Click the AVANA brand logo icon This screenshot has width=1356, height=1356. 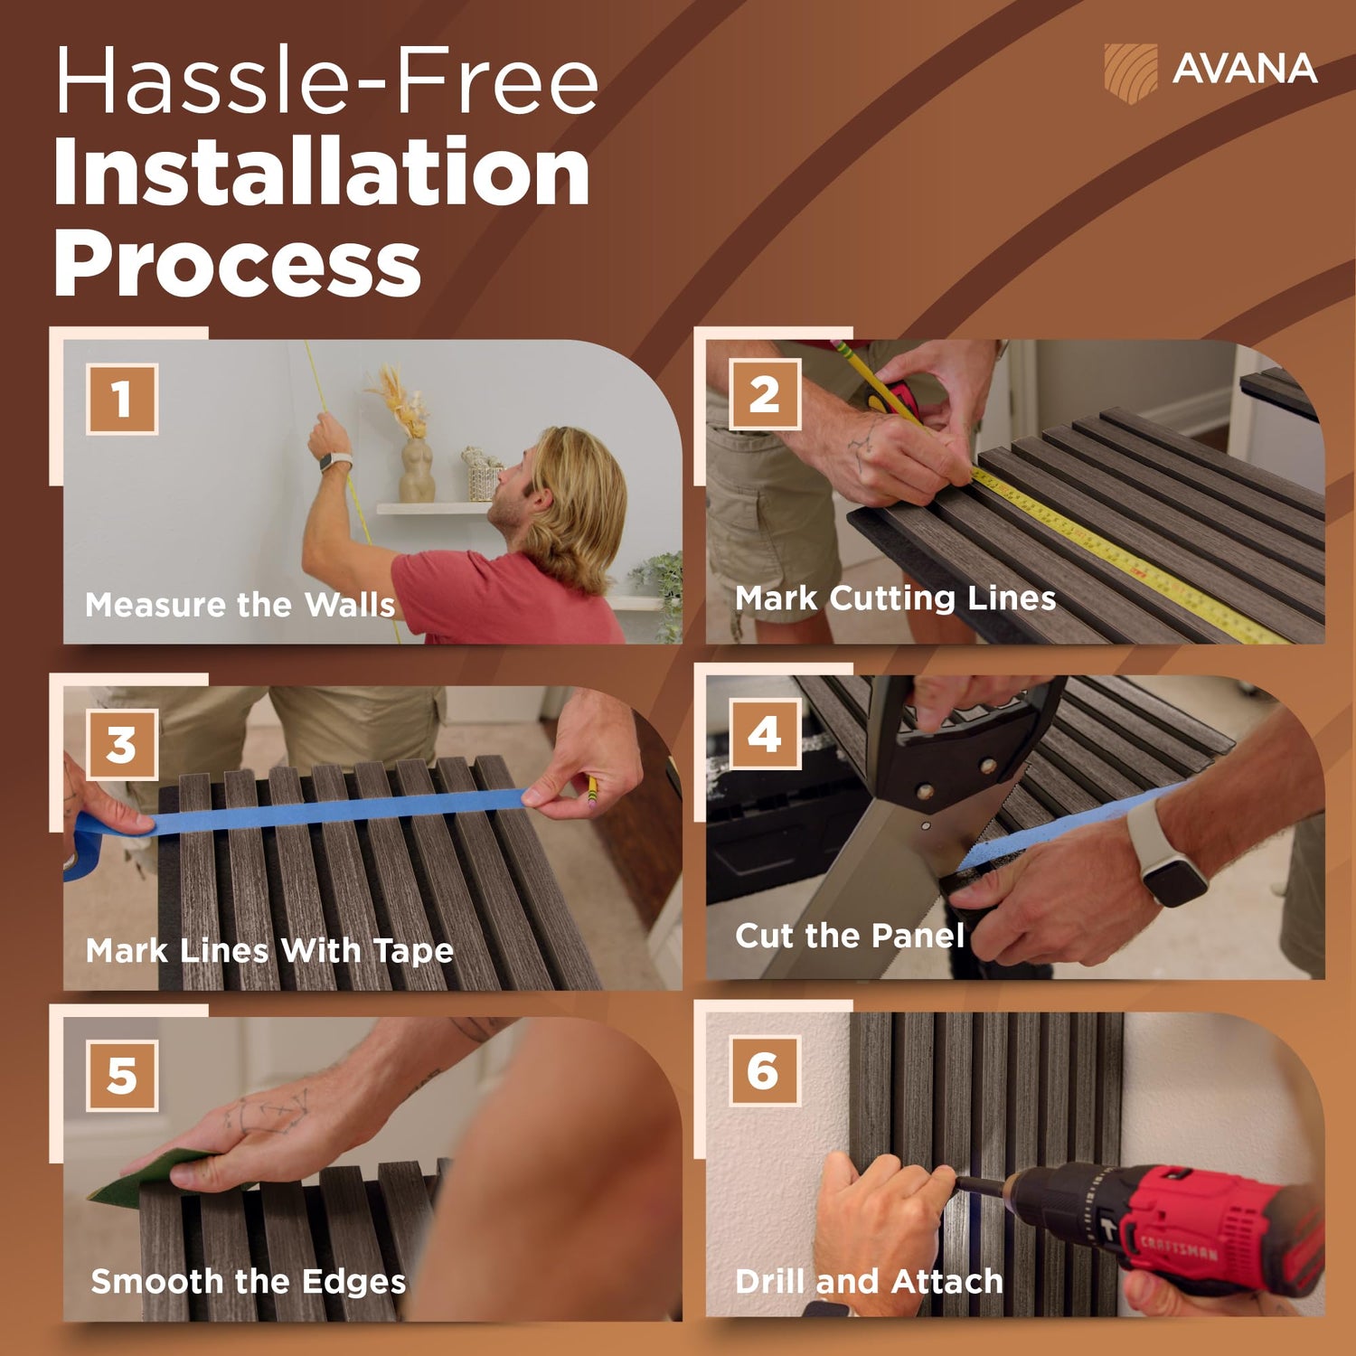point(1130,72)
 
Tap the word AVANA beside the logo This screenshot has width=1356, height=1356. point(1245,70)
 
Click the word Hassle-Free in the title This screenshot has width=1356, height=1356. point(326,81)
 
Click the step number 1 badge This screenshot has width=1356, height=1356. point(122,399)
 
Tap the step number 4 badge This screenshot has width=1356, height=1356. point(765,734)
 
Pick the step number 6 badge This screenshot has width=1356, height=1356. point(764,1071)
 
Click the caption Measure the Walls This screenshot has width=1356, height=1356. point(240,605)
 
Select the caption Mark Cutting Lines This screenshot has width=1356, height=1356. point(896,598)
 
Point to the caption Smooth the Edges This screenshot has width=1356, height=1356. point(249,1282)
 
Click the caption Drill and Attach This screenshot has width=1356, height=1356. point(870,1281)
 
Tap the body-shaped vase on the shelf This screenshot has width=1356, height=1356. point(417,470)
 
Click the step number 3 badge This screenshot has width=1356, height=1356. point(122,745)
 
